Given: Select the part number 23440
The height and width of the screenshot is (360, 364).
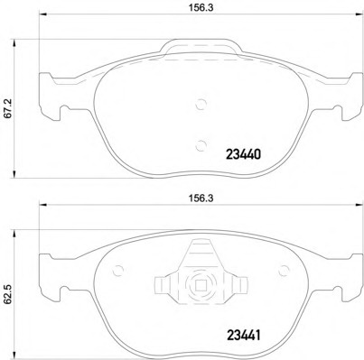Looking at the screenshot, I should tap(242, 154).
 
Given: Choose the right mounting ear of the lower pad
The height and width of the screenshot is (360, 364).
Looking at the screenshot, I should tap(340, 291).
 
